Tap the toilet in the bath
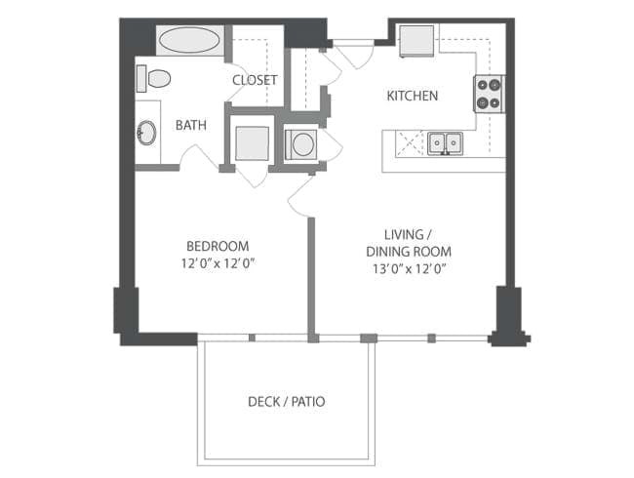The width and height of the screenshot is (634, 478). pos(153,77)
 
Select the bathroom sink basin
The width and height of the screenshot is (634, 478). pos(147,133)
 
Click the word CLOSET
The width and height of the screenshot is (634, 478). pos(255,80)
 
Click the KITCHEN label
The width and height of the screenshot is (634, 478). pos(412,96)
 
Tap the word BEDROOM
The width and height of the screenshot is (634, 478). pos(218,246)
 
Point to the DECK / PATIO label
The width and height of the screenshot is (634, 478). pos(286,401)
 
